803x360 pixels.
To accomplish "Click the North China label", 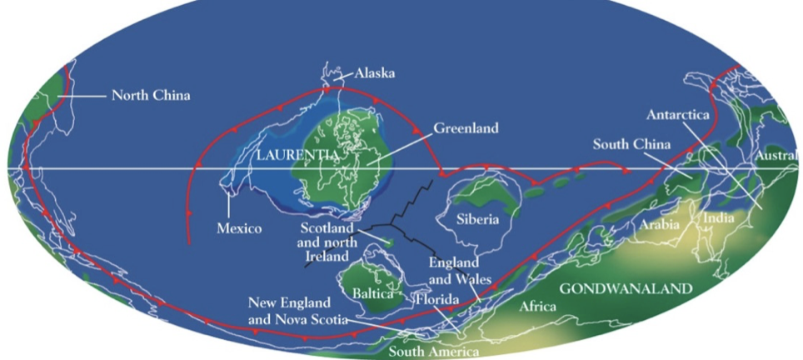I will pyautogui.click(x=151, y=96).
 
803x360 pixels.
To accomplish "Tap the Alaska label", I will pyautogui.click(x=374, y=74).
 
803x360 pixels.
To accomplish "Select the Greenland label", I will pyautogui.click(x=466, y=128).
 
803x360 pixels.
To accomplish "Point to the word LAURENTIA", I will pyautogui.click(x=297, y=155).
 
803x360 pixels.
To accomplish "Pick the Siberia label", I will pyautogui.click(x=477, y=220).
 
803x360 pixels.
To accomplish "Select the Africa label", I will pyautogui.click(x=537, y=307).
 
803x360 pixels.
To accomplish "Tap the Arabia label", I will pyautogui.click(x=660, y=224).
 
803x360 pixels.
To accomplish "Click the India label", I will pyautogui.click(x=718, y=218).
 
